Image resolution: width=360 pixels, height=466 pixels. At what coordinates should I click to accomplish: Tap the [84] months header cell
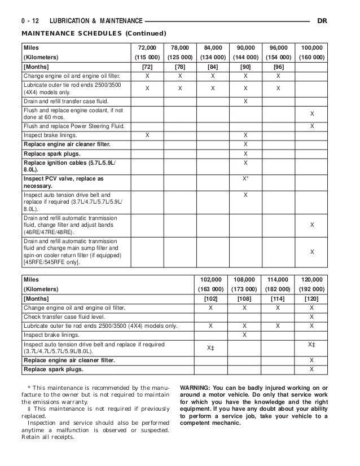tap(213, 67)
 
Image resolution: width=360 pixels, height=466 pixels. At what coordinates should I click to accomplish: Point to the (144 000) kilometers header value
tap(245, 58)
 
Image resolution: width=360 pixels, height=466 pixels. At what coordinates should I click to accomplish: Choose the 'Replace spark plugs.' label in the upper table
tap(51, 153)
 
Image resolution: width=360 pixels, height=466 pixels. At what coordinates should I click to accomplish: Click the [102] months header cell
tap(210, 298)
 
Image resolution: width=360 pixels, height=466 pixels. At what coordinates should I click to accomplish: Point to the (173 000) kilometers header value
tap(244, 289)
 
